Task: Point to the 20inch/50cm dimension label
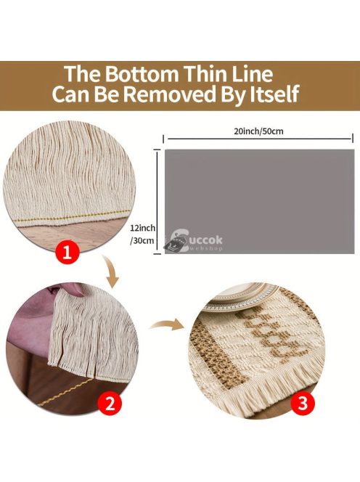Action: click(x=258, y=131)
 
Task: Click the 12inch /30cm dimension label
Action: click(x=143, y=234)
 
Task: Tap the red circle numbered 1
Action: click(x=67, y=252)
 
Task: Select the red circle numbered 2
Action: click(x=110, y=404)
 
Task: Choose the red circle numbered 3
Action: click(x=303, y=401)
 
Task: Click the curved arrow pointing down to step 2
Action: click(x=111, y=272)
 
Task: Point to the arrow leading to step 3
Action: click(x=166, y=324)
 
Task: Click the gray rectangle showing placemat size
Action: click(x=259, y=201)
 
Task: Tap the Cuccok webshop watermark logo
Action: click(x=194, y=241)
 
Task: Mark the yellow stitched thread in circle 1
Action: click(x=73, y=216)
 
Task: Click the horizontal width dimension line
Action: click(x=258, y=139)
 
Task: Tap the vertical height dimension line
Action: click(x=157, y=202)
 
